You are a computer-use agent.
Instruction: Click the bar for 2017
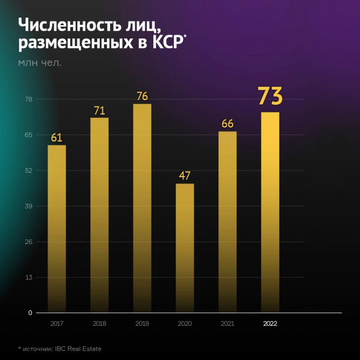[x=57, y=228]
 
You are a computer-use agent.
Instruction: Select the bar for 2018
[x=99, y=214]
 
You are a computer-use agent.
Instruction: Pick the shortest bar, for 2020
[x=185, y=247]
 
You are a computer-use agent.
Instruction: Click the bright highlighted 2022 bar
[x=270, y=212]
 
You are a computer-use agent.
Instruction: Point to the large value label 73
[x=270, y=96]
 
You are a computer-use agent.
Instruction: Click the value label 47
[x=185, y=176]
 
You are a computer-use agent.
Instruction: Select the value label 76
[x=142, y=96]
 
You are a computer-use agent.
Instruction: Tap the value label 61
[x=57, y=138]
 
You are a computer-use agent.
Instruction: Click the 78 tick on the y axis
[x=28, y=99]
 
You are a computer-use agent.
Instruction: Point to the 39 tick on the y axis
[x=28, y=206]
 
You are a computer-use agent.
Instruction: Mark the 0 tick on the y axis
[x=29, y=313]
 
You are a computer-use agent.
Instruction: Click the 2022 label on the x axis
[x=270, y=324]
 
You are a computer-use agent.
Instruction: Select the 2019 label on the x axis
[x=142, y=324]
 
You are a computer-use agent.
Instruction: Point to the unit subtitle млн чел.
[x=39, y=62]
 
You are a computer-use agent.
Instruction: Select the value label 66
[x=227, y=123]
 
